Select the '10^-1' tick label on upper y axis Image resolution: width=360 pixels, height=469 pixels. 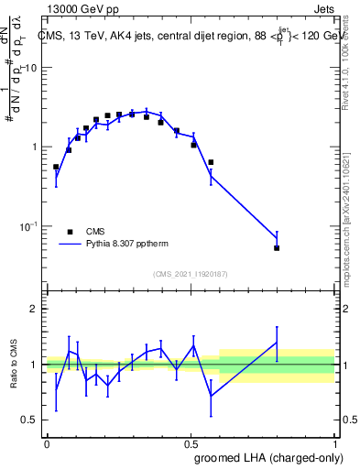tap(29, 225)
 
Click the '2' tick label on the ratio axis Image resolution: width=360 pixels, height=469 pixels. tap(34, 309)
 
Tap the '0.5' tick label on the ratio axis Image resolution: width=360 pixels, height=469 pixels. tap(30, 420)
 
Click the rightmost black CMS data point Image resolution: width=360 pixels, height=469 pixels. tap(277, 247)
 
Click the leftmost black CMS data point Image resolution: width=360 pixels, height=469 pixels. tap(56, 168)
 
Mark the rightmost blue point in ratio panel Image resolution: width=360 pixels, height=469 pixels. tap(277, 343)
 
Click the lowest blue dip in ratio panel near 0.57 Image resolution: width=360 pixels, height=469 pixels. tap(211, 396)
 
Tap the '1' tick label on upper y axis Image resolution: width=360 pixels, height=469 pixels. tap(35, 147)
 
